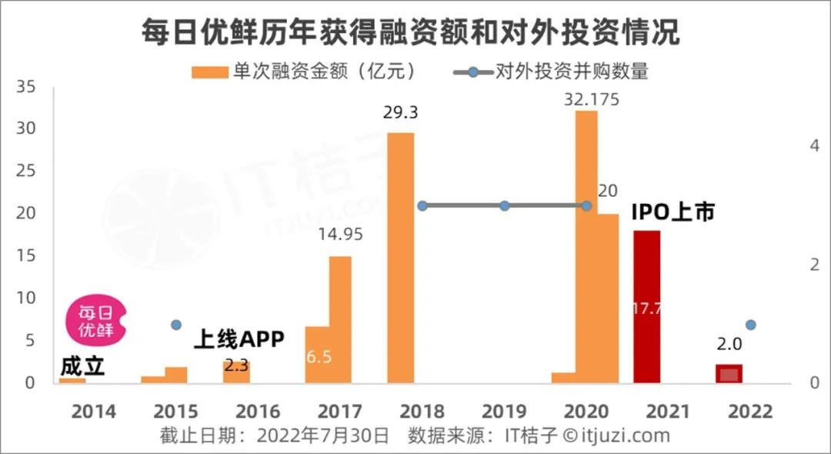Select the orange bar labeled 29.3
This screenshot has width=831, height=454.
(x=400, y=258)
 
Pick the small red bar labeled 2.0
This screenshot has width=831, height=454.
(x=729, y=373)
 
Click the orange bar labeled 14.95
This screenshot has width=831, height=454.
(x=340, y=319)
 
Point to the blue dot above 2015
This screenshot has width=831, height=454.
(x=175, y=325)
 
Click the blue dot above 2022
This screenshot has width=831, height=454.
(x=751, y=325)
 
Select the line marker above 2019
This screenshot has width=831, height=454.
(x=504, y=205)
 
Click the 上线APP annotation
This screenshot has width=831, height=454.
(x=239, y=339)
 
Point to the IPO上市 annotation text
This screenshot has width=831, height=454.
(x=673, y=211)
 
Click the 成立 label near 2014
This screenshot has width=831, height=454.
(x=82, y=366)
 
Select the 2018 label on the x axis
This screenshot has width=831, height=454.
(x=422, y=412)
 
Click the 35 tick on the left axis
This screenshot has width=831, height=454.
(x=25, y=88)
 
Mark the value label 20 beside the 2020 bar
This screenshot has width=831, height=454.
(x=608, y=191)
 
